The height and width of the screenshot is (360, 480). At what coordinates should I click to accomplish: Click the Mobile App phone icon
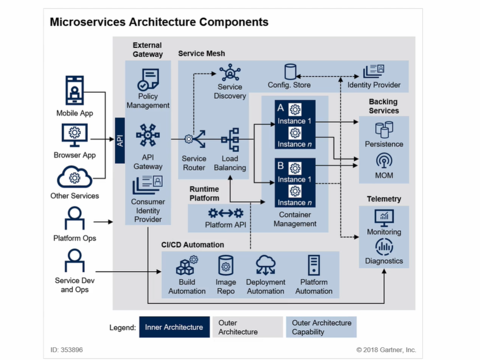[74, 91]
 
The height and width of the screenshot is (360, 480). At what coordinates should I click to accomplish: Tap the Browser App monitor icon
[74, 135]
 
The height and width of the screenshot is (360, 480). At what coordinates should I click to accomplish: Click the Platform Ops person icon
[74, 218]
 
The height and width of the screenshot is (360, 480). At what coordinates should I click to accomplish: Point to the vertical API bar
[120, 140]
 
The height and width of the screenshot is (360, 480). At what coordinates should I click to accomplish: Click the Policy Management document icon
[148, 80]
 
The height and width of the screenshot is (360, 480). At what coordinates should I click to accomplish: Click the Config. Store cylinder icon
[290, 72]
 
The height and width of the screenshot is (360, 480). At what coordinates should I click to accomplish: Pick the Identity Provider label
[374, 85]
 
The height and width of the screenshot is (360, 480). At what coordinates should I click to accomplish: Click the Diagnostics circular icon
[384, 247]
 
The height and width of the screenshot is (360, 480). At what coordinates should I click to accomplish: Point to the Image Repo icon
[225, 266]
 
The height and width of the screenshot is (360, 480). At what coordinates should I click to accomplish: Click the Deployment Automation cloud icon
[265, 265]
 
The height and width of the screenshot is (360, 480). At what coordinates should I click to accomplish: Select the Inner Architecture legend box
[173, 327]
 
